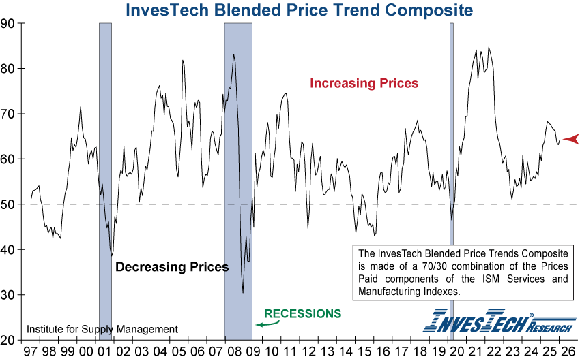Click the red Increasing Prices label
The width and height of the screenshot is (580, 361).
click(x=364, y=83)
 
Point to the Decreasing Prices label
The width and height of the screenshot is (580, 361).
click(x=171, y=267)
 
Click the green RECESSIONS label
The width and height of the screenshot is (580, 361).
click(x=302, y=314)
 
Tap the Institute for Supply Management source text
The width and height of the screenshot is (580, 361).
click(x=102, y=330)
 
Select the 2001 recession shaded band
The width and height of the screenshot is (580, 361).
click(x=105, y=136)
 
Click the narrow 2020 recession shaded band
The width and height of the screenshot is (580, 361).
click(x=451, y=136)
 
